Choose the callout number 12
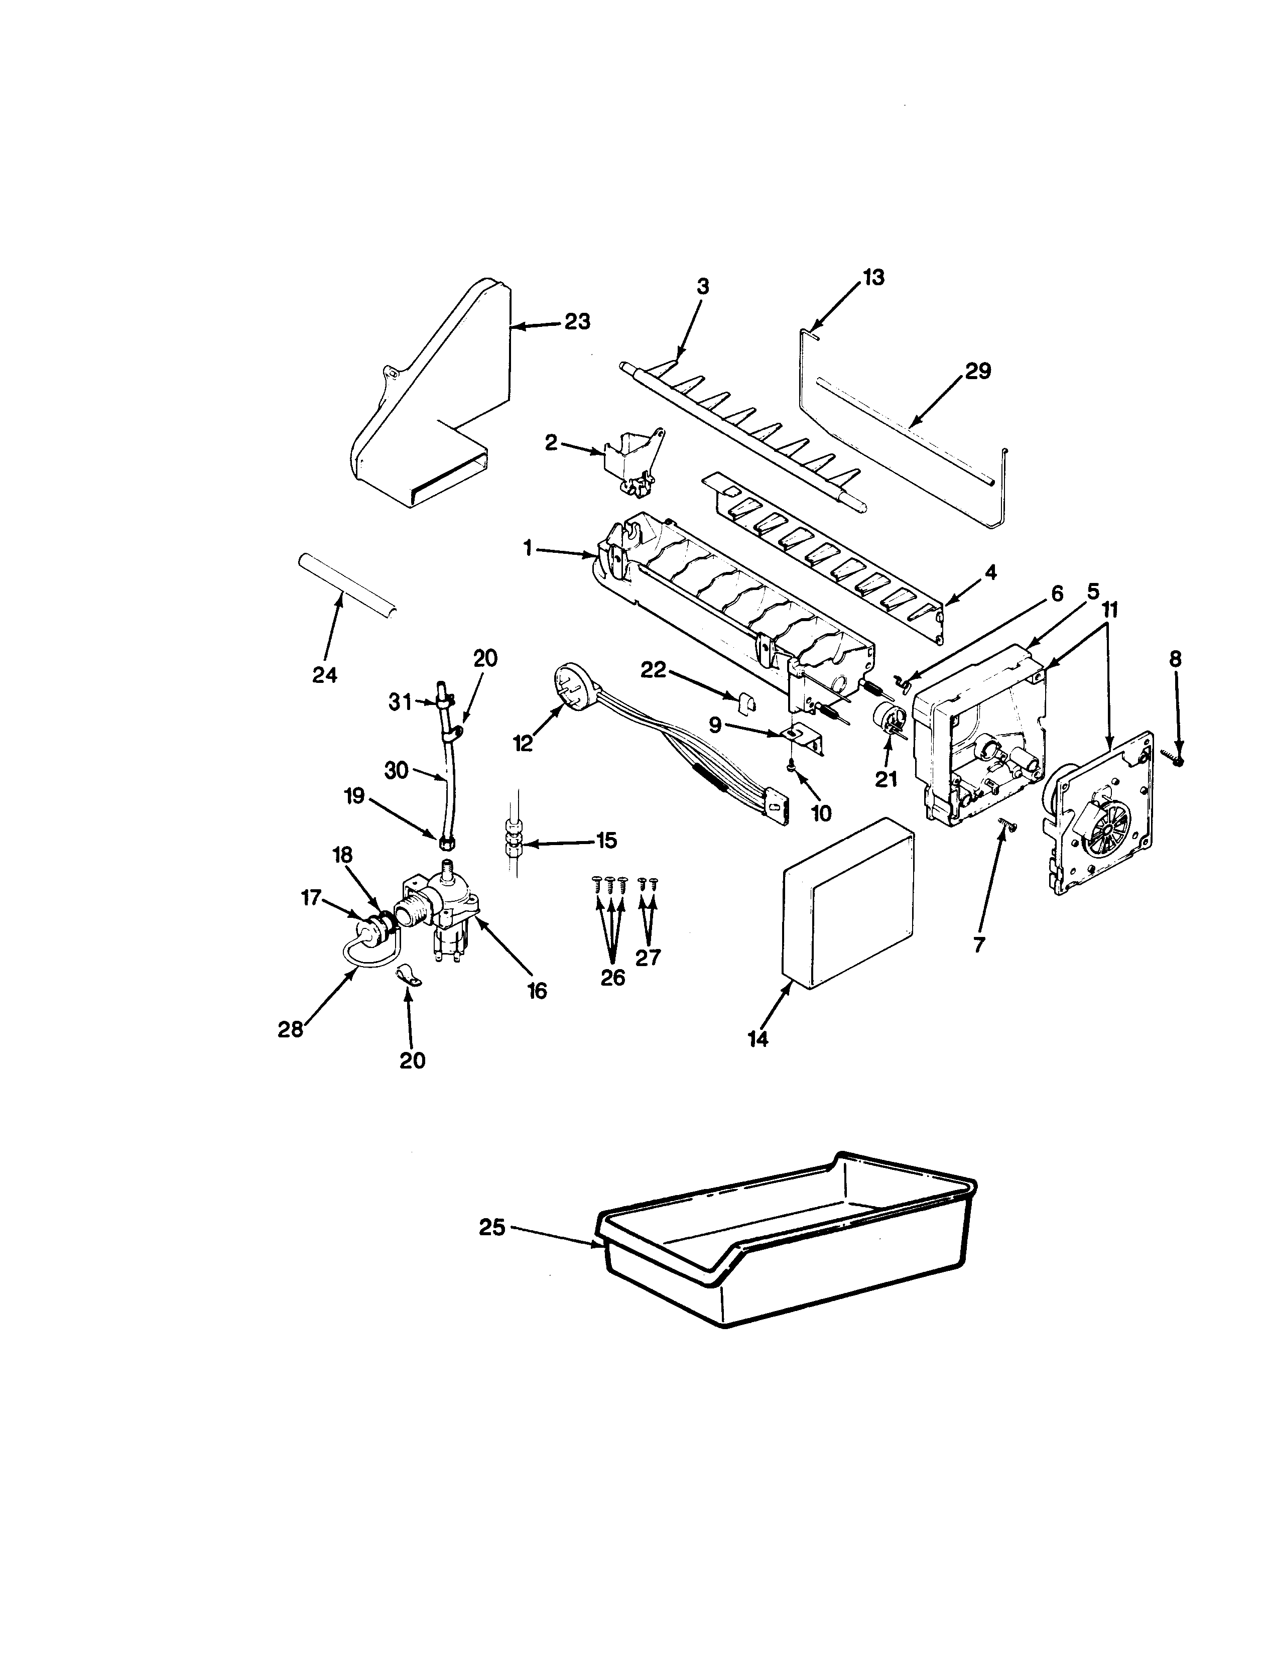(523, 743)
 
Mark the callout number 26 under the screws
(613, 978)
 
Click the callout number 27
(648, 957)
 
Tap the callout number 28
(290, 1029)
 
